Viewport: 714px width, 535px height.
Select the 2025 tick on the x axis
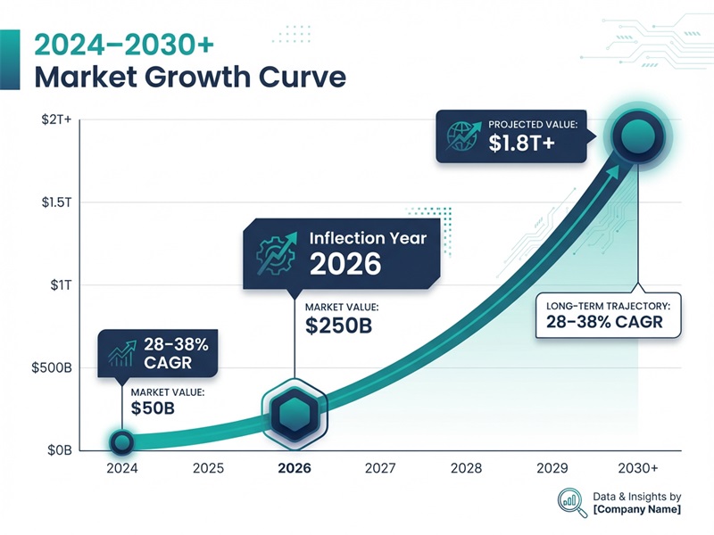tap(208, 467)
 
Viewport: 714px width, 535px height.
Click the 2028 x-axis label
tap(467, 467)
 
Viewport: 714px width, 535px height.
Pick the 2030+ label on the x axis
tap(638, 467)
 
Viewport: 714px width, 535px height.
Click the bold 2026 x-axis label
tap(295, 467)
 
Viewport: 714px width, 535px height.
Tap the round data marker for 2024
tap(122, 441)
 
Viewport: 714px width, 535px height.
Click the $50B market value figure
tap(153, 409)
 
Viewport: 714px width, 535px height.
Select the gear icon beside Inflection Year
tap(274, 252)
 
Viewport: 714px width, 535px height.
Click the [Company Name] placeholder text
tap(636, 510)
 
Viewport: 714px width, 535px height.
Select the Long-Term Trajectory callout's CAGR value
tap(604, 322)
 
